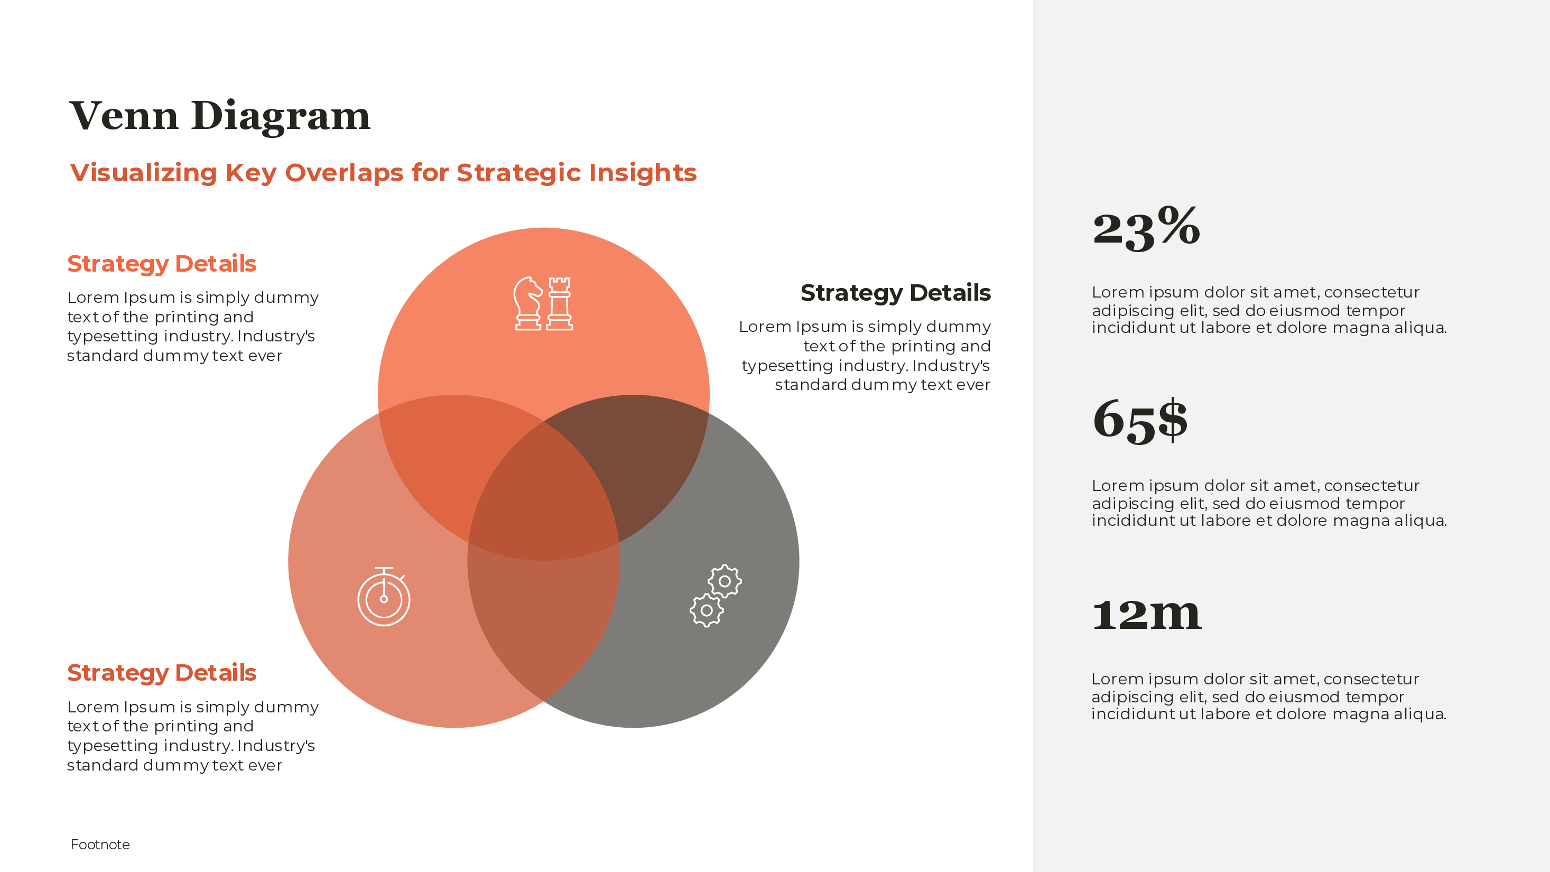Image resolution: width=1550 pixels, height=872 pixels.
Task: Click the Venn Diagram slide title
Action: pyautogui.click(x=220, y=116)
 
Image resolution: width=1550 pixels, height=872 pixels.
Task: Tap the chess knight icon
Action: pyautogui.click(x=528, y=303)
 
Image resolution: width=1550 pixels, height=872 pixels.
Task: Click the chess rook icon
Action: pyautogui.click(x=560, y=303)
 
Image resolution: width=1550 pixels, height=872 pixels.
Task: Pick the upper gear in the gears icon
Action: pyautogui.click(x=725, y=581)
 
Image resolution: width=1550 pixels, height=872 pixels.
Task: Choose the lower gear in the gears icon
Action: pyautogui.click(x=707, y=610)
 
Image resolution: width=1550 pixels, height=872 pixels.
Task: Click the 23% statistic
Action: pyautogui.click(x=1146, y=228)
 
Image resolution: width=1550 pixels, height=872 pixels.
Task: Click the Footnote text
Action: pyautogui.click(x=100, y=845)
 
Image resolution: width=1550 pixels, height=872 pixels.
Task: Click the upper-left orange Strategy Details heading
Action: pyautogui.click(x=161, y=264)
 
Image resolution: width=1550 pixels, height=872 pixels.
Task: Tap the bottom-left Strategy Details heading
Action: pyautogui.click(x=161, y=673)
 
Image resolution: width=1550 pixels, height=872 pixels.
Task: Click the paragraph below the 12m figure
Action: pyautogui.click(x=1268, y=696)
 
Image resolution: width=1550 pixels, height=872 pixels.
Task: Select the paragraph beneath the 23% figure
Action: pyautogui.click(x=1268, y=310)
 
